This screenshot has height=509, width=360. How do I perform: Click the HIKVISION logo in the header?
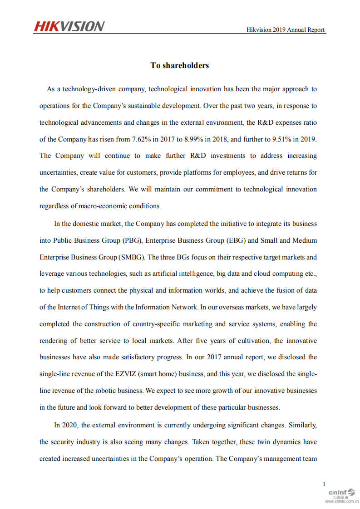[69, 26]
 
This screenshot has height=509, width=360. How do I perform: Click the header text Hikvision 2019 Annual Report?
[286, 30]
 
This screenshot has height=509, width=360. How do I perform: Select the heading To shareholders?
[180, 65]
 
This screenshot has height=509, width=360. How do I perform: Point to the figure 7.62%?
[143, 139]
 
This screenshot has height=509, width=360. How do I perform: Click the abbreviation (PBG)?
[132, 240]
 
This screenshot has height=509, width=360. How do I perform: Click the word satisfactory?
[128, 357]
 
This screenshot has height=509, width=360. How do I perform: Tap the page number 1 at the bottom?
[324, 484]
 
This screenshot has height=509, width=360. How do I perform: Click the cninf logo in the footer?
[341, 492]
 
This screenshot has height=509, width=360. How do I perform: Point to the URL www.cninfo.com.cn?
[341, 502]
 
